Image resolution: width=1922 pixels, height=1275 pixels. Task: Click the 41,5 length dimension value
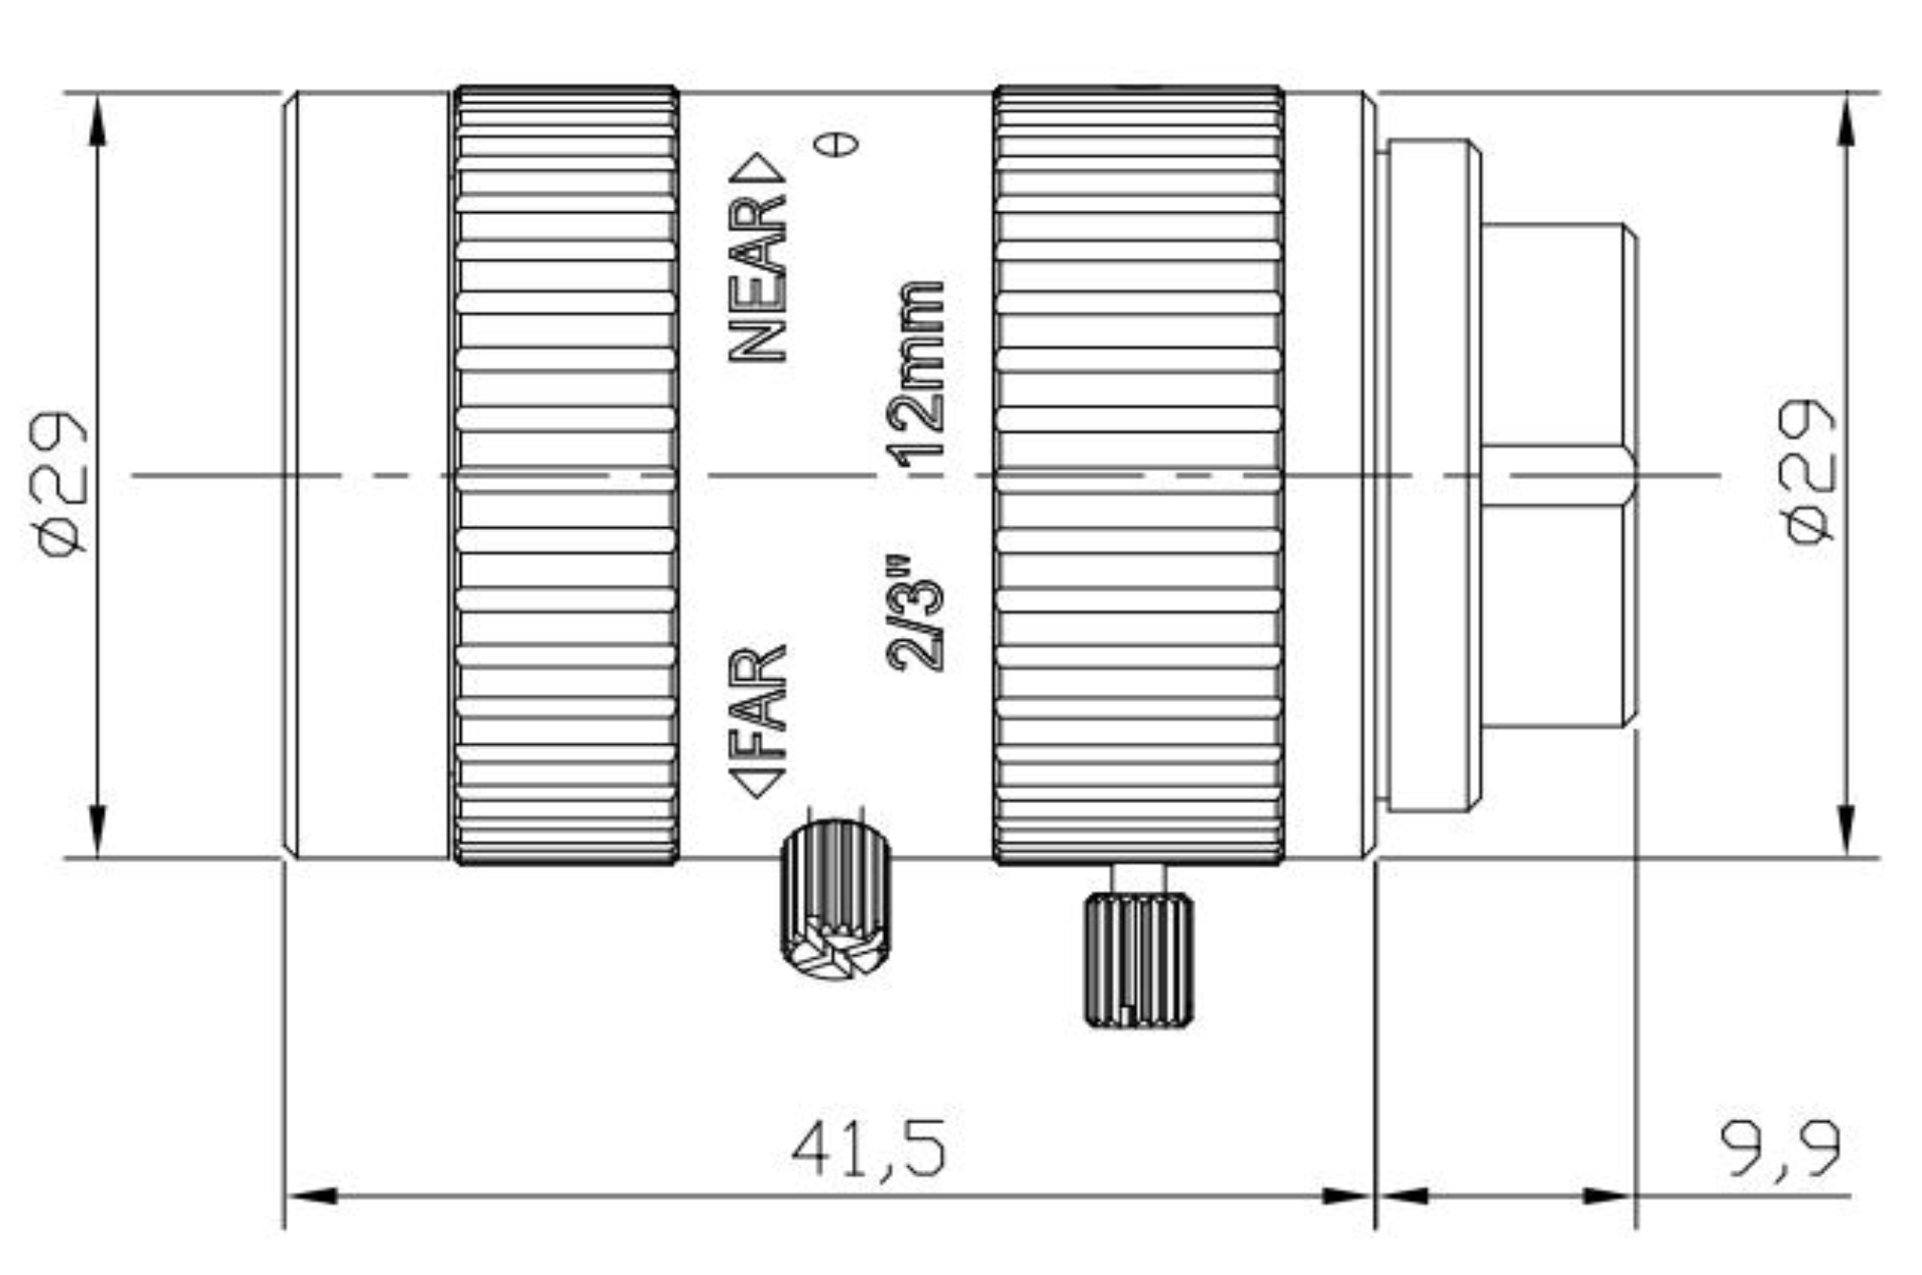pyautogui.click(x=869, y=1148)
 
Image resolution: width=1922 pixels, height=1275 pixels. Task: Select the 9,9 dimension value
pyautogui.click(x=1780, y=1150)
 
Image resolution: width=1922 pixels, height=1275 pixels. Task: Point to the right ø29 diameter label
pyautogui.click(x=1809, y=472)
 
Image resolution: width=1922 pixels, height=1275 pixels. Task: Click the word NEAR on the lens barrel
pyautogui.click(x=758, y=279)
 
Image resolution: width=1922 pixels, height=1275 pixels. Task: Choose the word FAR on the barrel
pyautogui.click(x=758, y=689)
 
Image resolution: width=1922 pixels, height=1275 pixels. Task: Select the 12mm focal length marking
pyautogui.click(x=917, y=374)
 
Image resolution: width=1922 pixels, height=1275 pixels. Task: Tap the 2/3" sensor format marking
pyautogui.click(x=915, y=612)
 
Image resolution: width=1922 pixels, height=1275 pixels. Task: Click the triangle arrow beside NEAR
pyautogui.click(x=760, y=168)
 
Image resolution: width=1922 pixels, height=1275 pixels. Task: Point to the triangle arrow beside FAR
pyautogui.click(x=758, y=782)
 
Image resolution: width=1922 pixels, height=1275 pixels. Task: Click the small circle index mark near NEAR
pyautogui.click(x=835, y=144)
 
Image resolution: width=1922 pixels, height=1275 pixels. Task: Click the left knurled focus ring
pyautogui.click(x=565, y=475)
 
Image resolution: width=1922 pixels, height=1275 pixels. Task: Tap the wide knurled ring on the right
pyautogui.click(x=1138, y=475)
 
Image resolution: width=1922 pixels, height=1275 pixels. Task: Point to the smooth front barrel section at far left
pyautogui.click(x=368, y=475)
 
